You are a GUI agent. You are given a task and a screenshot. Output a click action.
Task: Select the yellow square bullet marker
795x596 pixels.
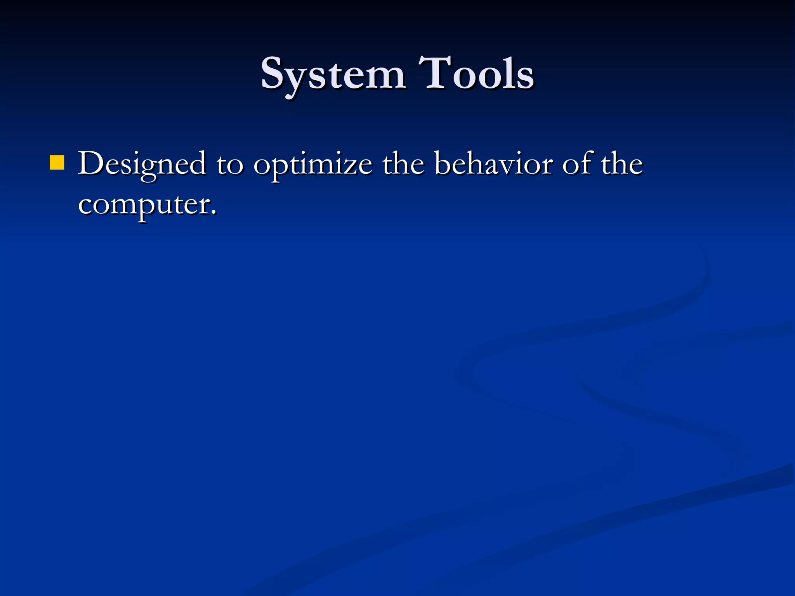coord(57,163)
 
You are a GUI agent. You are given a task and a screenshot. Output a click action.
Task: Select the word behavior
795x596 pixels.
coord(493,164)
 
